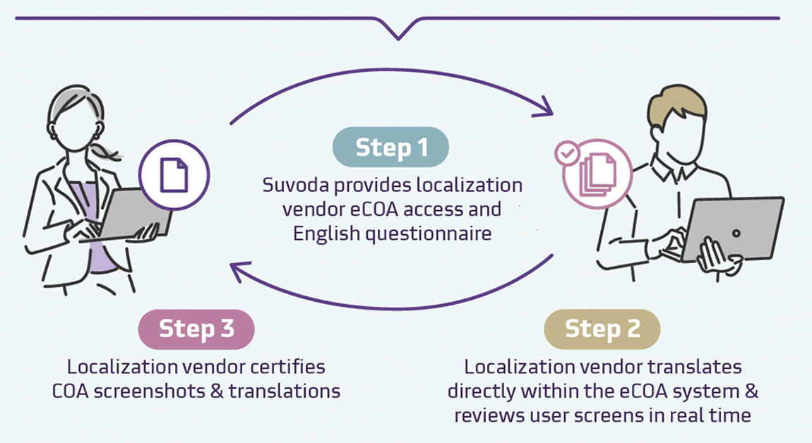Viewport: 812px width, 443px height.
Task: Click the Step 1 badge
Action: (x=391, y=147)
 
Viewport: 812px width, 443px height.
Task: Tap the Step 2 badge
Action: (x=602, y=329)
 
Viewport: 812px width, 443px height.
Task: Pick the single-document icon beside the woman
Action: (x=174, y=174)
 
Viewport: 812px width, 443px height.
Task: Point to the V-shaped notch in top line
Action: (x=398, y=30)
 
